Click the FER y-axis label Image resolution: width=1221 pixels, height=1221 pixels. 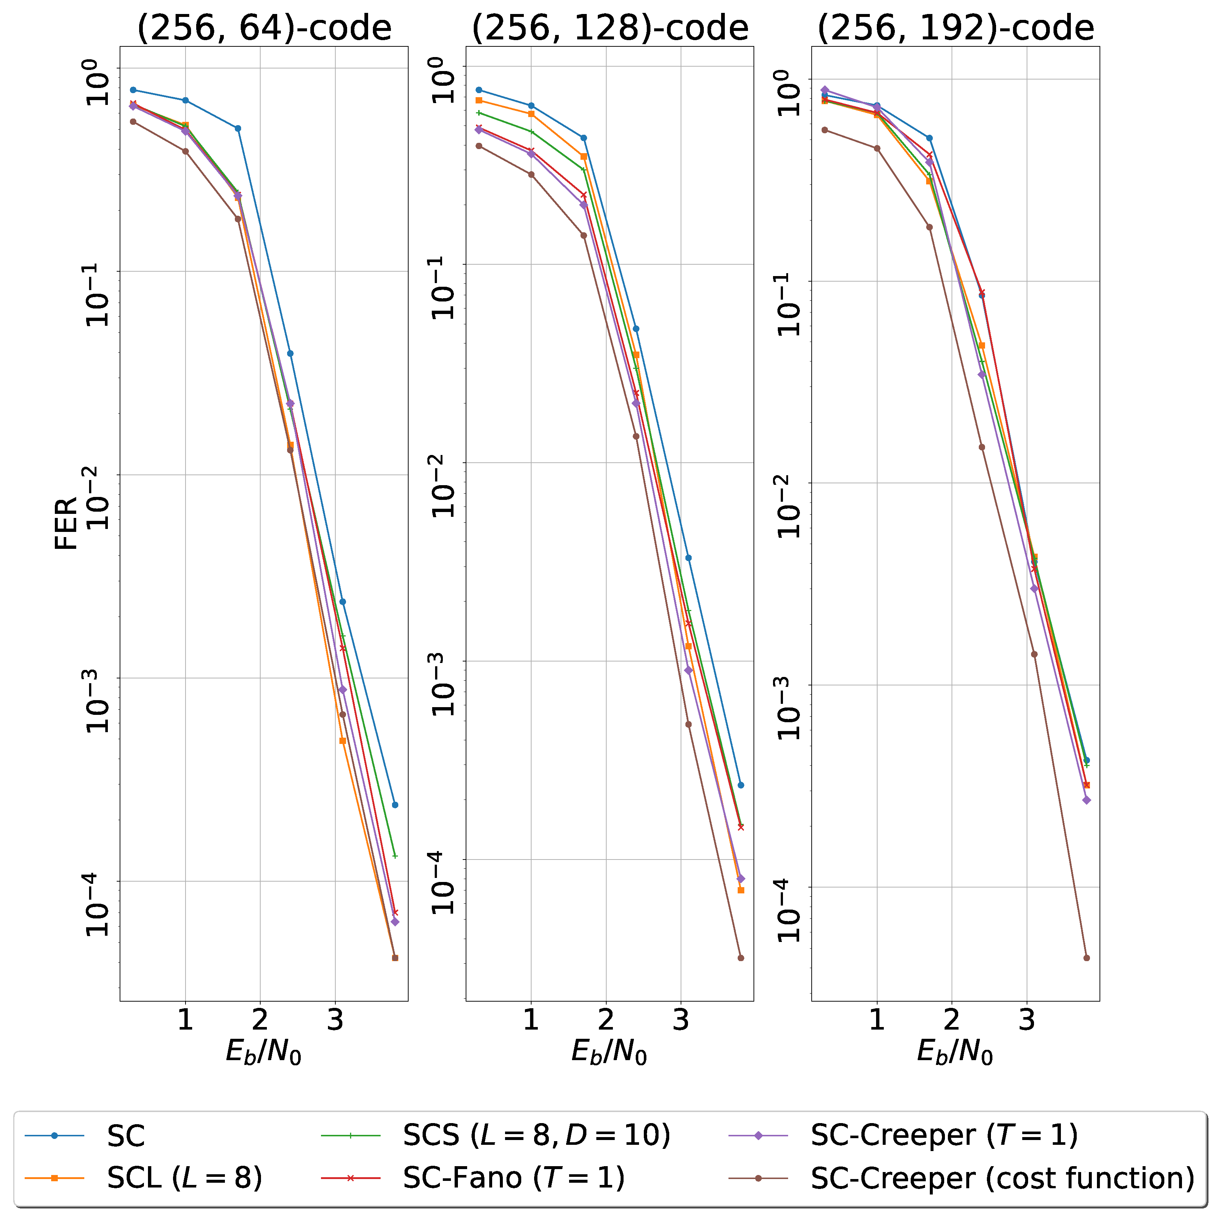pos(66,523)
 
